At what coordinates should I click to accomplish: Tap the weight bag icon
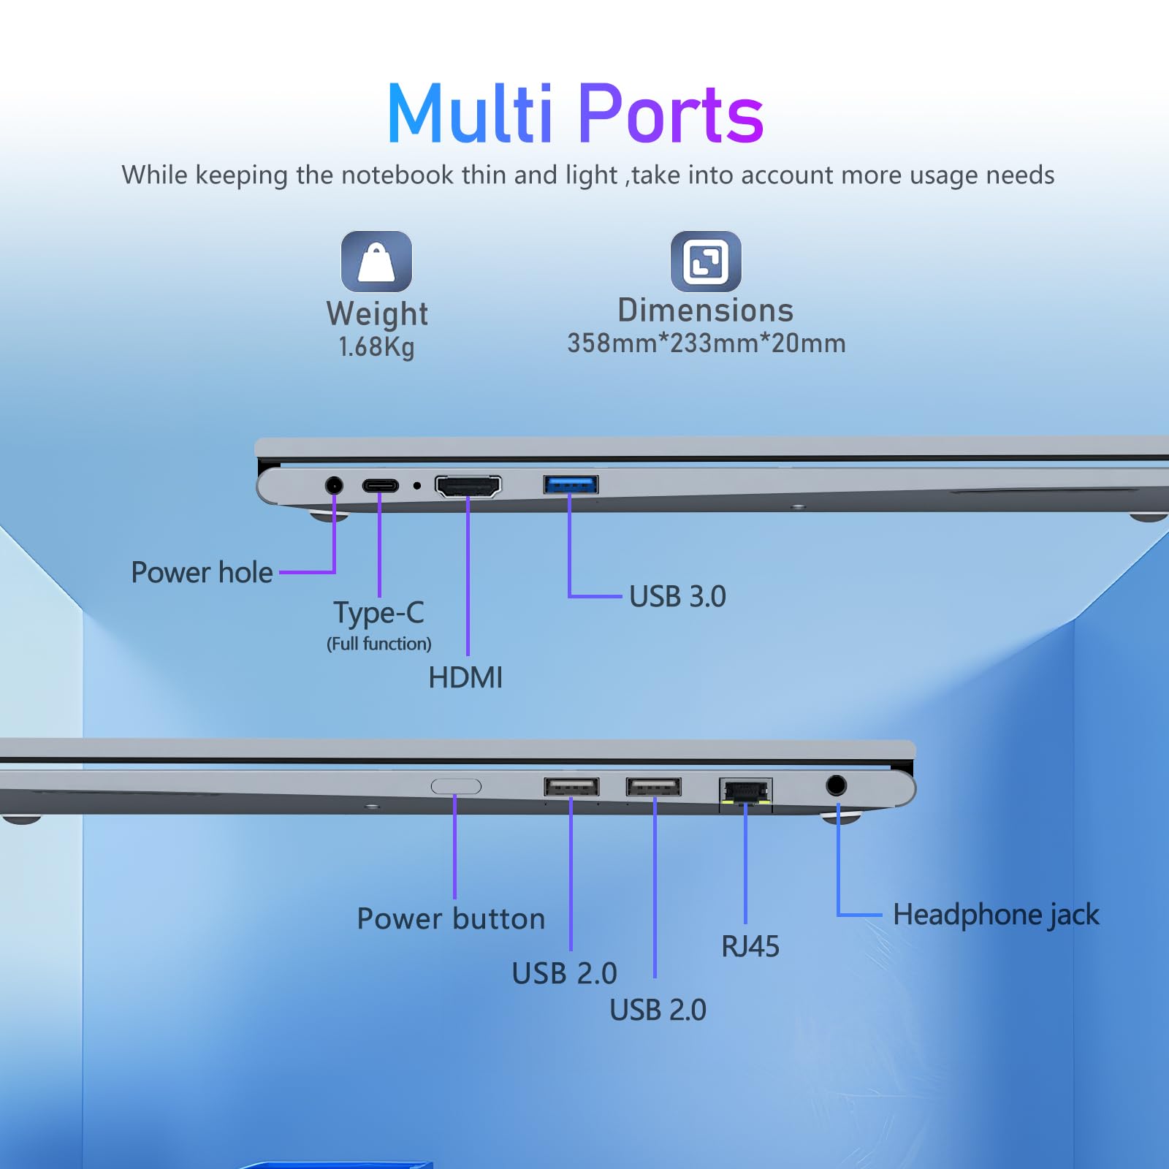[376, 262]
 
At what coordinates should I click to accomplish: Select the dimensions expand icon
[706, 262]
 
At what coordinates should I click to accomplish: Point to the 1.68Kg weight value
[376, 347]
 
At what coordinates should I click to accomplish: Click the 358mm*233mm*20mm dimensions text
[707, 343]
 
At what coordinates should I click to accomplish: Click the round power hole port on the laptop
[334, 485]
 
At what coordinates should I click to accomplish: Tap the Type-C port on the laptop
[381, 485]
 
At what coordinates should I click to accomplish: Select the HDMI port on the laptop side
[468, 486]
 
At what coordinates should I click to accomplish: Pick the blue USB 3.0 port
[571, 484]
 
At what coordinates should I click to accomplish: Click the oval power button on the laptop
[456, 786]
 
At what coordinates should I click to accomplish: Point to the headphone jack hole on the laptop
[837, 785]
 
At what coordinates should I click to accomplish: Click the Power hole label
[202, 573]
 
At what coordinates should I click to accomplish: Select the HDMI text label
[465, 678]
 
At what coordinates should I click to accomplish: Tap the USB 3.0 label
[678, 597]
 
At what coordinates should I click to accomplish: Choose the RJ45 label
[750, 947]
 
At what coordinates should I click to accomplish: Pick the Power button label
[451, 919]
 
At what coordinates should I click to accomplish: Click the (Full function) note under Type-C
[379, 644]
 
